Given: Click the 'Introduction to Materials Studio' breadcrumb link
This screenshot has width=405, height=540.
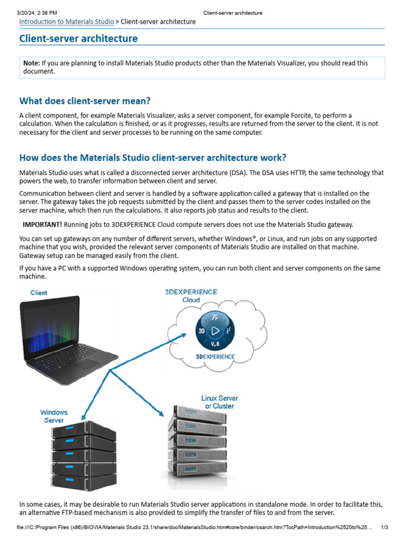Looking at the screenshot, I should [x=66, y=22].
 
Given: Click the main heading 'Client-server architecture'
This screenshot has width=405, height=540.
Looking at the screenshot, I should [x=79, y=38].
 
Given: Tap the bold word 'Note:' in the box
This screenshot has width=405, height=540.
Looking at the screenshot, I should [x=32, y=63].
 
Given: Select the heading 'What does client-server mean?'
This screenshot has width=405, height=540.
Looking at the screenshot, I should [x=85, y=101].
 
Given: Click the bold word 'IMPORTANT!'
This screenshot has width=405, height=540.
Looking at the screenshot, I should [x=42, y=225].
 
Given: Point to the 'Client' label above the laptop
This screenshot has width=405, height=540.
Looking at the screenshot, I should [x=38, y=293].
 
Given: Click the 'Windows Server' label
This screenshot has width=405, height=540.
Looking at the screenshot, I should [x=54, y=416].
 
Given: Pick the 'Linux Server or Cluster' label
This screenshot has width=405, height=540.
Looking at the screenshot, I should [x=219, y=402].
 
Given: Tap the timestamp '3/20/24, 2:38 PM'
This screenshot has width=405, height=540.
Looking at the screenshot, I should [x=37, y=13].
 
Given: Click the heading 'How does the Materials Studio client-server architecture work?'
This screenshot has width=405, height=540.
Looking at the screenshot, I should [x=153, y=158].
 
